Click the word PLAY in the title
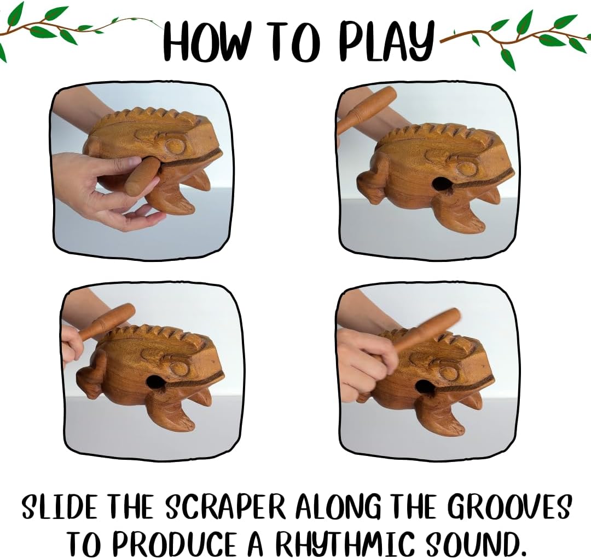386,41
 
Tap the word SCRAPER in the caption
225,508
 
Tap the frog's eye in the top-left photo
175,146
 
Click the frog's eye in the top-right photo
467,168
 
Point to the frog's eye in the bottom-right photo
449,373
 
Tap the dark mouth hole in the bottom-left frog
155,382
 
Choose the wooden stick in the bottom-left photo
107,321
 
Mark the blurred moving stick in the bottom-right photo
427,330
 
